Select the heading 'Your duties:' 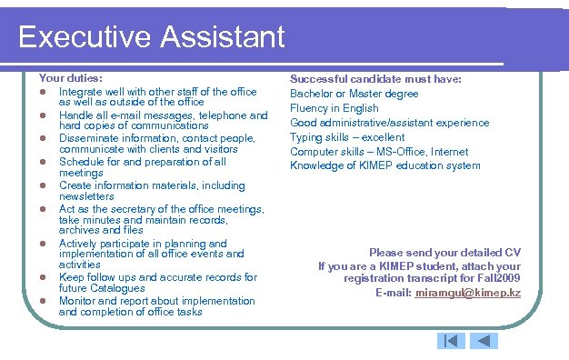[x=70, y=79]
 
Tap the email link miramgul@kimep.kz [x=467, y=293]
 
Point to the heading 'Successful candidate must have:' [x=376, y=79]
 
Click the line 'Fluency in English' [x=334, y=108]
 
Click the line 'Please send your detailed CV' [x=444, y=252]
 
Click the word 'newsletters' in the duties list [x=87, y=196]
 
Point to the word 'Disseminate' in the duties [x=89, y=138]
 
